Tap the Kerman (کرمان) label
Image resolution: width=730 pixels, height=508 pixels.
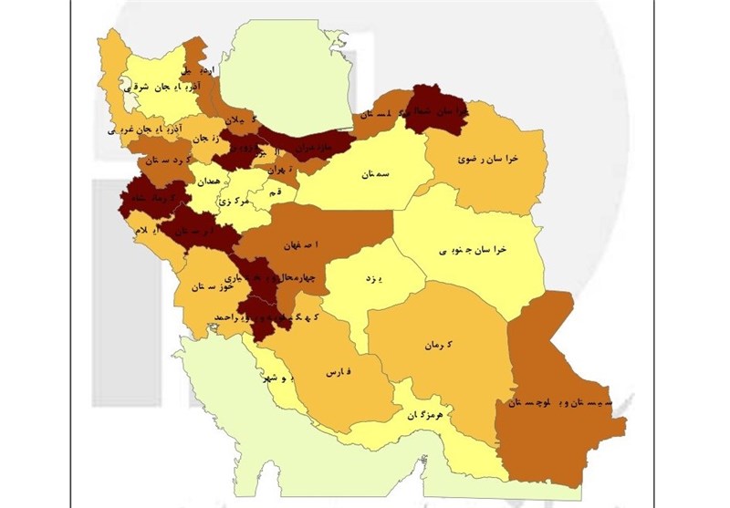point(438,346)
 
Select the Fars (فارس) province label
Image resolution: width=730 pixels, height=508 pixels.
point(337,373)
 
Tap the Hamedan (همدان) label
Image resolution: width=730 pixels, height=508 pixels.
point(207,182)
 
